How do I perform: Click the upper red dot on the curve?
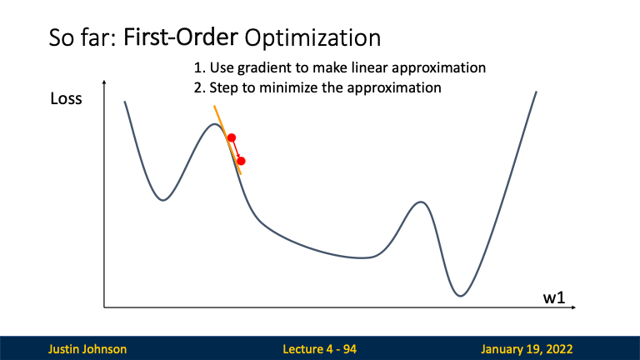click(232, 137)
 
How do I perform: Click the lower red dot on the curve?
click(241, 161)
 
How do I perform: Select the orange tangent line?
click(227, 140)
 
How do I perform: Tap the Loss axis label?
click(66, 99)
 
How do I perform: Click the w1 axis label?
click(554, 297)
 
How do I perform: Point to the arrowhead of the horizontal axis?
click(574, 307)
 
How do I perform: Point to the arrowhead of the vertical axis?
click(104, 82)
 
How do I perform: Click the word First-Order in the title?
click(180, 37)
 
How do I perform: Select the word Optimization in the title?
click(312, 38)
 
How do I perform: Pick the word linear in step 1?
click(370, 67)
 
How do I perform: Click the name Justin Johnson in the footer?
click(87, 349)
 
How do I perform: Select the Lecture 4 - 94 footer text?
click(320, 349)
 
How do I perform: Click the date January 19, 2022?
click(527, 349)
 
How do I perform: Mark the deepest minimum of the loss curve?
click(460, 296)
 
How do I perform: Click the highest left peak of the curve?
click(214, 124)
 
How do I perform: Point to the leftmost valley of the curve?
click(163, 200)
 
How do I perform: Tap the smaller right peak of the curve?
click(420, 202)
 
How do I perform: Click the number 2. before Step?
click(199, 87)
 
